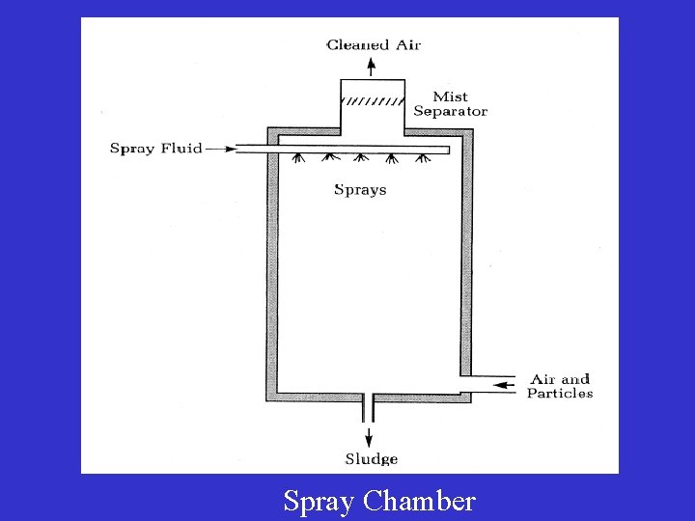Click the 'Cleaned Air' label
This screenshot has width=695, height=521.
click(374, 44)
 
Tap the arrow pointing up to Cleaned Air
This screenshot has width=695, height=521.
click(372, 66)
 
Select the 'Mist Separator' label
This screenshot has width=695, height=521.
click(450, 103)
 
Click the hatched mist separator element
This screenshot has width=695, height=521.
click(373, 101)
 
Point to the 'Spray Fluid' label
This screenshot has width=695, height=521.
click(155, 149)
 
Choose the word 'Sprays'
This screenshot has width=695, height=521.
click(360, 190)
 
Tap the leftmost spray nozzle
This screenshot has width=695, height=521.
click(299, 159)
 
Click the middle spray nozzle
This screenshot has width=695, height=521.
click(360, 159)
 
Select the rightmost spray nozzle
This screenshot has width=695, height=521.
click(421, 159)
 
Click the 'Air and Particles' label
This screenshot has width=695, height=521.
click(560, 386)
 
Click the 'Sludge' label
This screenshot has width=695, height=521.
click(372, 459)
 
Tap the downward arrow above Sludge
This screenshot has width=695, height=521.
click(369, 435)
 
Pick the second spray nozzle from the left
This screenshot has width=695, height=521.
click(330, 159)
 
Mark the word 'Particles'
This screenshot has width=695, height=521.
click(560, 394)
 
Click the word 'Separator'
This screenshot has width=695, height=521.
click(450, 111)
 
